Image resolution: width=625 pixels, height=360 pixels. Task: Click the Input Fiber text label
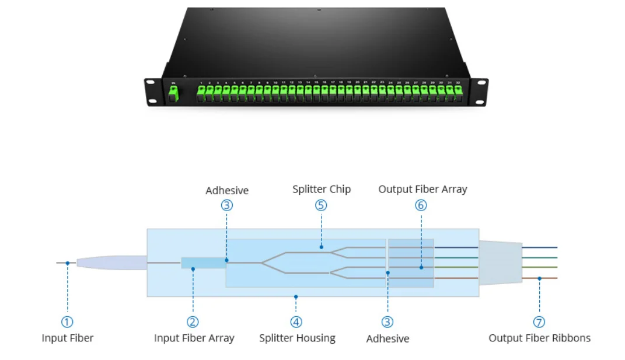(x=67, y=338)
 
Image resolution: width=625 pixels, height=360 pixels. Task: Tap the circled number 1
(x=68, y=321)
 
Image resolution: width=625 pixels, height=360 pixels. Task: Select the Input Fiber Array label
(x=194, y=338)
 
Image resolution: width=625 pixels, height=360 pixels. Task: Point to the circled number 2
(x=193, y=321)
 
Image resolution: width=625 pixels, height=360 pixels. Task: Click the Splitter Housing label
(x=297, y=338)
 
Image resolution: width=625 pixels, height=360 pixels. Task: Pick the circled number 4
(x=296, y=321)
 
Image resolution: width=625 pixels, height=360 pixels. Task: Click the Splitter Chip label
(x=322, y=190)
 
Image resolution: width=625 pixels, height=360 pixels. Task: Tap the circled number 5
(x=321, y=205)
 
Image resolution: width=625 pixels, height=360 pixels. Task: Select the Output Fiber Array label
(x=423, y=189)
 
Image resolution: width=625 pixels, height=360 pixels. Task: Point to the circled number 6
(x=421, y=205)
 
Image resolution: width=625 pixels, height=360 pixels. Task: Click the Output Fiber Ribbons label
(x=539, y=338)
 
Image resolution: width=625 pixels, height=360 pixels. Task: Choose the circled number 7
(x=539, y=321)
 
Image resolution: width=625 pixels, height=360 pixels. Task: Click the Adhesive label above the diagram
(x=227, y=191)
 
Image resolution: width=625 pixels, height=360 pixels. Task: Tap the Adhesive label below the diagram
(x=387, y=338)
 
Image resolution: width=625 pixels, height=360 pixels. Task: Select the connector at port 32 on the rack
(x=458, y=93)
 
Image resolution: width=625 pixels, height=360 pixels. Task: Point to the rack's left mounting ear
(x=152, y=92)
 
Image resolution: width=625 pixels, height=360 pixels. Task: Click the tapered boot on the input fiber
(x=111, y=263)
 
